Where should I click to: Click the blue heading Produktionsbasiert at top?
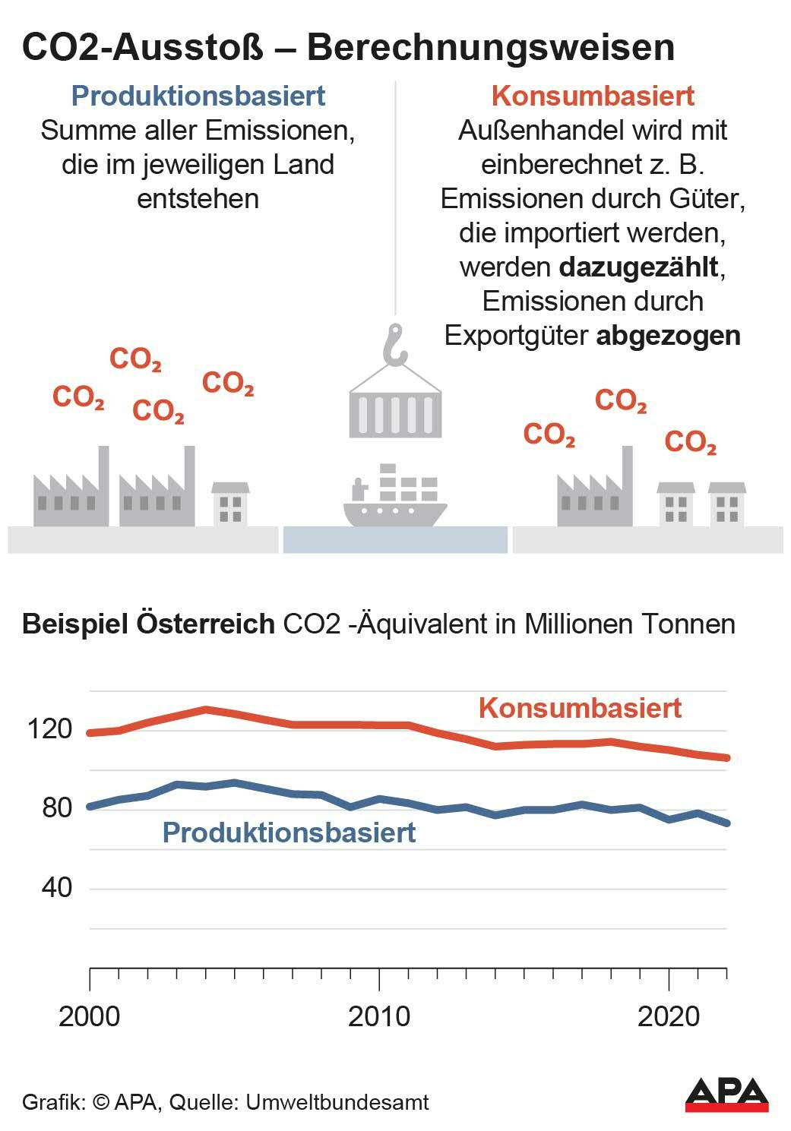pos(198,96)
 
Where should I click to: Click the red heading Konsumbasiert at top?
pos(593,96)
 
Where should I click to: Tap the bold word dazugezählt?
pos(638,267)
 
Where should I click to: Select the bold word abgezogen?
pos(668,336)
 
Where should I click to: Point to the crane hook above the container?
pos(395,344)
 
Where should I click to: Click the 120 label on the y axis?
pos(50,730)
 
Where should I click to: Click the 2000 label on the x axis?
pos(90,1016)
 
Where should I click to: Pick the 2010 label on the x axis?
pos(378,1016)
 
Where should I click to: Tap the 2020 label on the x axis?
pos(669,1016)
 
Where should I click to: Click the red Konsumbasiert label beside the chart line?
pos(580,708)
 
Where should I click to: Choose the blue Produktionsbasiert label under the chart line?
pos(289,832)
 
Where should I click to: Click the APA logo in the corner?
pos(727,1095)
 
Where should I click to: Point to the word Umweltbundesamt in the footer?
pos(337,1102)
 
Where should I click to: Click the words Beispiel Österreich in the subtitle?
pos(148,624)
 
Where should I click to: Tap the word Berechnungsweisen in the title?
pos(491,47)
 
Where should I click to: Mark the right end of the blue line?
pos(727,823)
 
